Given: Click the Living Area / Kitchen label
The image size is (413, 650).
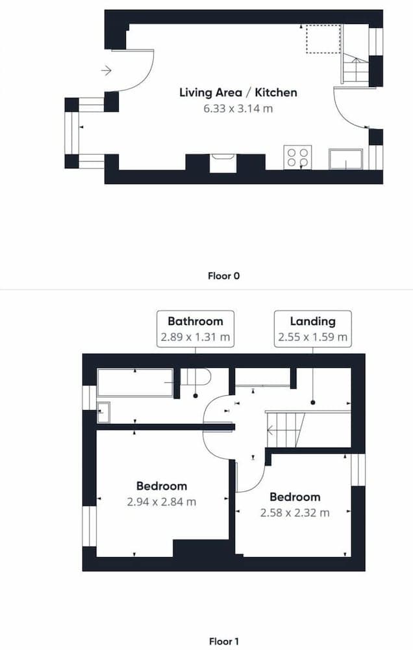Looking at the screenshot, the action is tap(238, 92).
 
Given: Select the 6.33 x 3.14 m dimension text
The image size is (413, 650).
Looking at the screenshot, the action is tap(238, 109).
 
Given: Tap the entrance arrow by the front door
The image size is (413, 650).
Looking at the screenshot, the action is tap(106, 71).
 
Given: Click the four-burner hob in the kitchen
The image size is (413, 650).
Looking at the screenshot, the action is tap(297, 157).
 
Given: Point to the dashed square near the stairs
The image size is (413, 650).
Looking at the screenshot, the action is tap(323, 39).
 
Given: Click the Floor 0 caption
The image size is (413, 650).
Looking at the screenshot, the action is tap(223, 276).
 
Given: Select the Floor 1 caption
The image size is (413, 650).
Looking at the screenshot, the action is tap(223, 642).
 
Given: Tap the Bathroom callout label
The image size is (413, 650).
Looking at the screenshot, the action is tap(195, 321).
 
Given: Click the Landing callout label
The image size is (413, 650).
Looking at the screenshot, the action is tap(313, 321).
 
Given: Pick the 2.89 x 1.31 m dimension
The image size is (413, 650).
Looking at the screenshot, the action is tap(195, 337).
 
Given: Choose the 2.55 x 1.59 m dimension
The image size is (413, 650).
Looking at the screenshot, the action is tap(313, 337).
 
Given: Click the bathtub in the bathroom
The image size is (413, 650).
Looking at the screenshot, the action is tap(135, 383).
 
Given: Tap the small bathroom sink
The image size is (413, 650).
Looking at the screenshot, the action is tap(103, 412).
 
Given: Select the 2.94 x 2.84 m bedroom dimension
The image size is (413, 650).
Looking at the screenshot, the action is tap(162, 502).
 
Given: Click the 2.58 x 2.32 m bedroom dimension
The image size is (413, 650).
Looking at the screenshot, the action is tap(295, 513).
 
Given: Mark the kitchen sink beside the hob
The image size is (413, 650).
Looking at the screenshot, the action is tap(346, 159).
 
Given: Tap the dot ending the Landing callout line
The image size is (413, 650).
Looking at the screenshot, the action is tap(313, 402).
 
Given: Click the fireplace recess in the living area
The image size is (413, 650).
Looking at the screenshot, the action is tap(223, 162).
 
